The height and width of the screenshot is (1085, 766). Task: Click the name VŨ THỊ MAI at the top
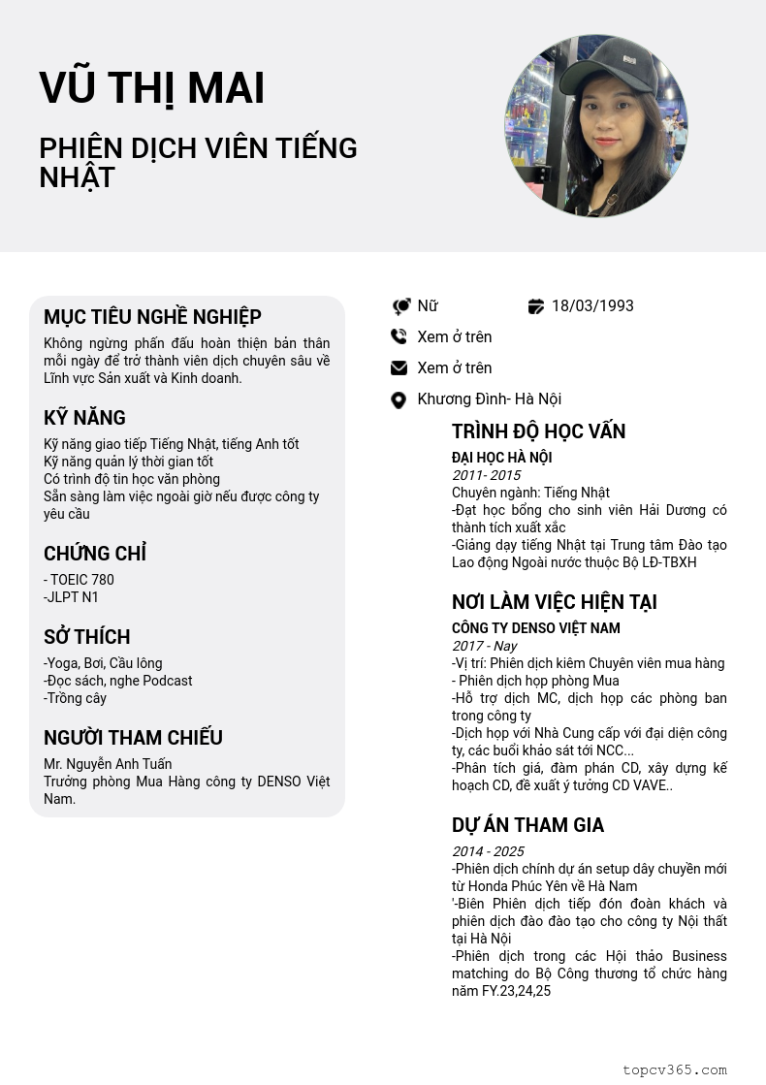click(151, 88)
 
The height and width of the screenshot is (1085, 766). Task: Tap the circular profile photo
click(595, 126)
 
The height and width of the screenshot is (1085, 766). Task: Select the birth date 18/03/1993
click(591, 306)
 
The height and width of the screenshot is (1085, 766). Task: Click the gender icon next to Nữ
click(400, 306)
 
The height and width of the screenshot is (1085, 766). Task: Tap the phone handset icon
click(399, 337)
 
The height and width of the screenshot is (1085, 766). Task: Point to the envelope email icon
click(399, 368)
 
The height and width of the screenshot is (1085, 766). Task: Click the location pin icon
click(398, 399)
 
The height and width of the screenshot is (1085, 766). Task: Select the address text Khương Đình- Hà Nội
click(489, 399)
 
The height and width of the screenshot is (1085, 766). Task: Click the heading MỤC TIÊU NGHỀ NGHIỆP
click(152, 317)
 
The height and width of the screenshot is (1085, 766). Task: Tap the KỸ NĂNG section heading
click(84, 418)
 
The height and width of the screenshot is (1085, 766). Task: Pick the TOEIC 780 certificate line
click(80, 580)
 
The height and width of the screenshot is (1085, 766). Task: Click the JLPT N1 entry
click(71, 597)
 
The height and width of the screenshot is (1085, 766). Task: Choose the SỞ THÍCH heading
click(86, 637)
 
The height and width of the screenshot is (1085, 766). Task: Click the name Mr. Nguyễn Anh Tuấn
click(108, 764)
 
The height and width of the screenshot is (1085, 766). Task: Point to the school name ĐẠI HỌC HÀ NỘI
click(501, 458)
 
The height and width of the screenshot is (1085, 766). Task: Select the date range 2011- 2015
click(486, 475)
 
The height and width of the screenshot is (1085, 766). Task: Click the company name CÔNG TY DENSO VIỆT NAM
click(535, 628)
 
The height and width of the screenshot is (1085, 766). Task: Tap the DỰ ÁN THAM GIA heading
click(527, 825)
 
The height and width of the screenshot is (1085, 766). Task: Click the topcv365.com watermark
click(674, 1069)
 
